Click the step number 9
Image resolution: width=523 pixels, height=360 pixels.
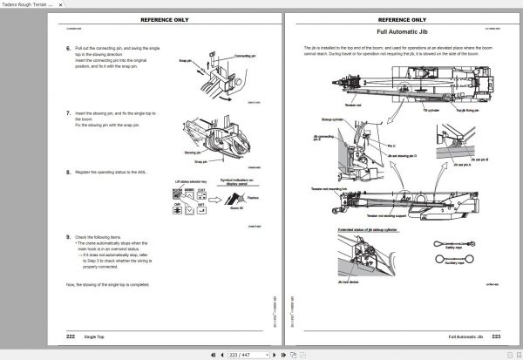pos(69,237)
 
